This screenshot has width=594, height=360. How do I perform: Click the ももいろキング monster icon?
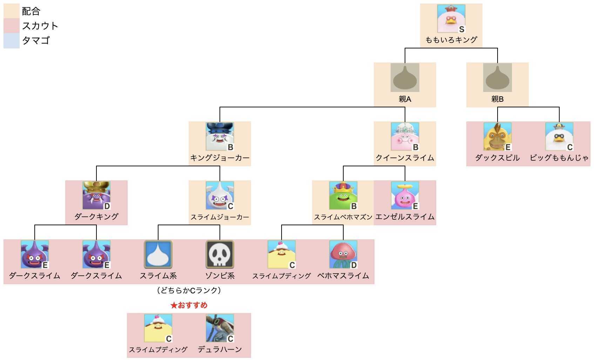[451, 19]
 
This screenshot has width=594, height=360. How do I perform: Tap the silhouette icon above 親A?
[405, 78]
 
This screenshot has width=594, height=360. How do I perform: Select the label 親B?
[497, 99]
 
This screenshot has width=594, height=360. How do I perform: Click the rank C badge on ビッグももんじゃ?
[570, 147]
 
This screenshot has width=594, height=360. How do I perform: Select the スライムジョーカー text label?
[220, 217]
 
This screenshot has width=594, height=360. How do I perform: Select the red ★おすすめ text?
[189, 305]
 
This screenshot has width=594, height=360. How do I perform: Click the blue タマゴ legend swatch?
[11, 41]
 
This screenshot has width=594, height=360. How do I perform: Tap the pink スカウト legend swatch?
[11, 26]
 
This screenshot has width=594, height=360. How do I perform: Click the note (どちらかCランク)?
[189, 291]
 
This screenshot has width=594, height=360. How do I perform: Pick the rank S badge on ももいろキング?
[461, 29]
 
